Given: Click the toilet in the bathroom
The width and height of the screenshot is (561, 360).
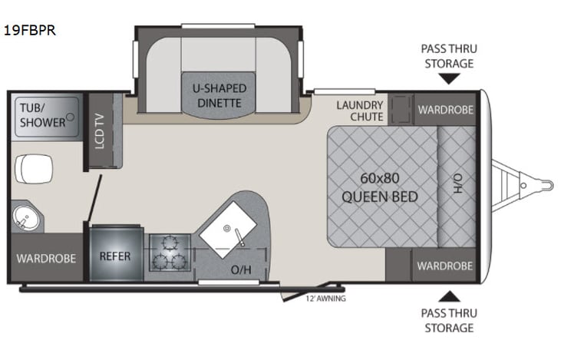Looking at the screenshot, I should pos(33,167).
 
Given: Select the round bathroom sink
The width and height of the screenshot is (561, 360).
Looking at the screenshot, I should pos(26,216).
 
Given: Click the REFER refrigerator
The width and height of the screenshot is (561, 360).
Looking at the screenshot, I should pos(115,256).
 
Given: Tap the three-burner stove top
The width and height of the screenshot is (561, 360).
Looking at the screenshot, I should pos(169,254).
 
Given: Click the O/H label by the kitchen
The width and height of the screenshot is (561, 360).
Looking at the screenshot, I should pos(240,271).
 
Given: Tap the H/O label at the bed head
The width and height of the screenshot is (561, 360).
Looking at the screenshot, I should pos(457,183).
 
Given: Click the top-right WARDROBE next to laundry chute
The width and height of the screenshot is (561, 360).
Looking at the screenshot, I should pos(444,110).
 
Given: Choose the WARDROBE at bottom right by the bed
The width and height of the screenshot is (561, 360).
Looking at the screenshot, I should pos(444,266).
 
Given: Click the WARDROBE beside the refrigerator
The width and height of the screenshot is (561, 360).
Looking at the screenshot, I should pos(46,258).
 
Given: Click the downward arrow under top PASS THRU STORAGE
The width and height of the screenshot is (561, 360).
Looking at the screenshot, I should pos(449,78).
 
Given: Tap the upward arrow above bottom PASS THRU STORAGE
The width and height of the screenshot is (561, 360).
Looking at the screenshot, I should pos(449,296).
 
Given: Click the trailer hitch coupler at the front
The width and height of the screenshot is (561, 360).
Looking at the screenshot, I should pos(545,184).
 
